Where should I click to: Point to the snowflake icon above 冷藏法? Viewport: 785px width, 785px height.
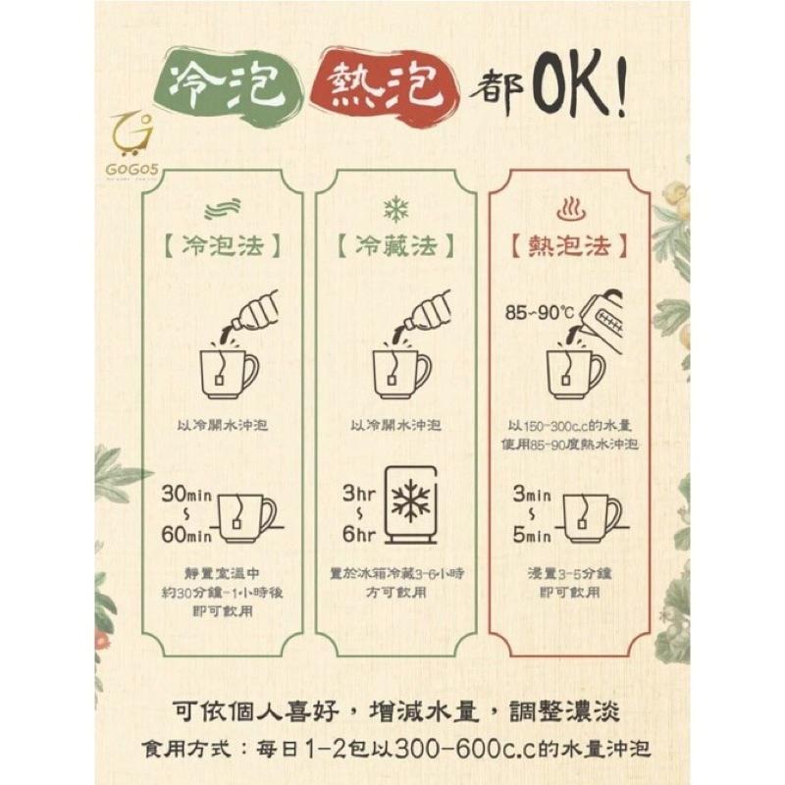click(x=395, y=208)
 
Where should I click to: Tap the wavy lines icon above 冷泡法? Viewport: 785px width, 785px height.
click(x=221, y=208)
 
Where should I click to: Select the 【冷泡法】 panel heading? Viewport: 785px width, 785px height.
click(x=222, y=245)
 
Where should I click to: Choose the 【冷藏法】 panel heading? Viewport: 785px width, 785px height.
click(x=394, y=245)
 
